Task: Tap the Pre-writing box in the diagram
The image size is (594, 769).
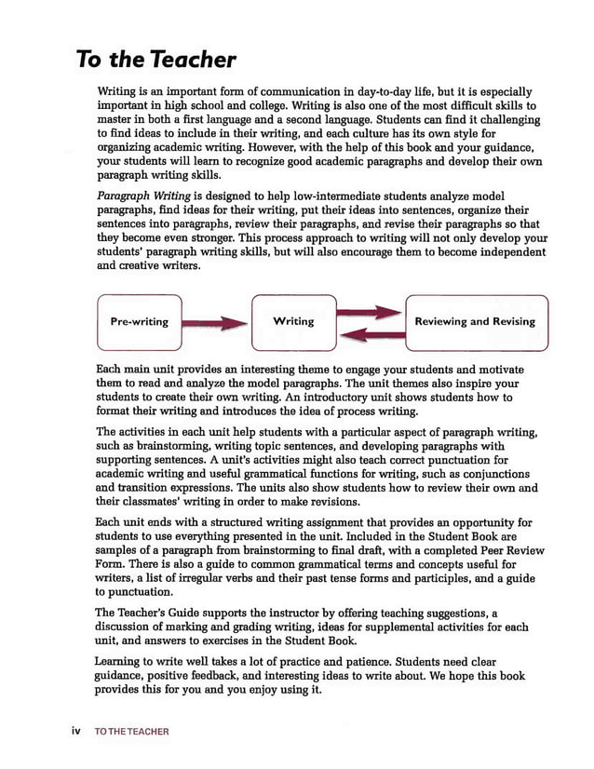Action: tap(139, 322)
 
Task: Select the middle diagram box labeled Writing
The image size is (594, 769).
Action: tap(293, 321)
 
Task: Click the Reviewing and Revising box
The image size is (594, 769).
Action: tap(475, 321)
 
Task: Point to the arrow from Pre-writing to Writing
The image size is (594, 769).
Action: tap(215, 323)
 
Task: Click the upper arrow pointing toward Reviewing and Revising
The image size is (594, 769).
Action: tap(370, 311)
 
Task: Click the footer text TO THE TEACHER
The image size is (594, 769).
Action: tap(131, 732)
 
